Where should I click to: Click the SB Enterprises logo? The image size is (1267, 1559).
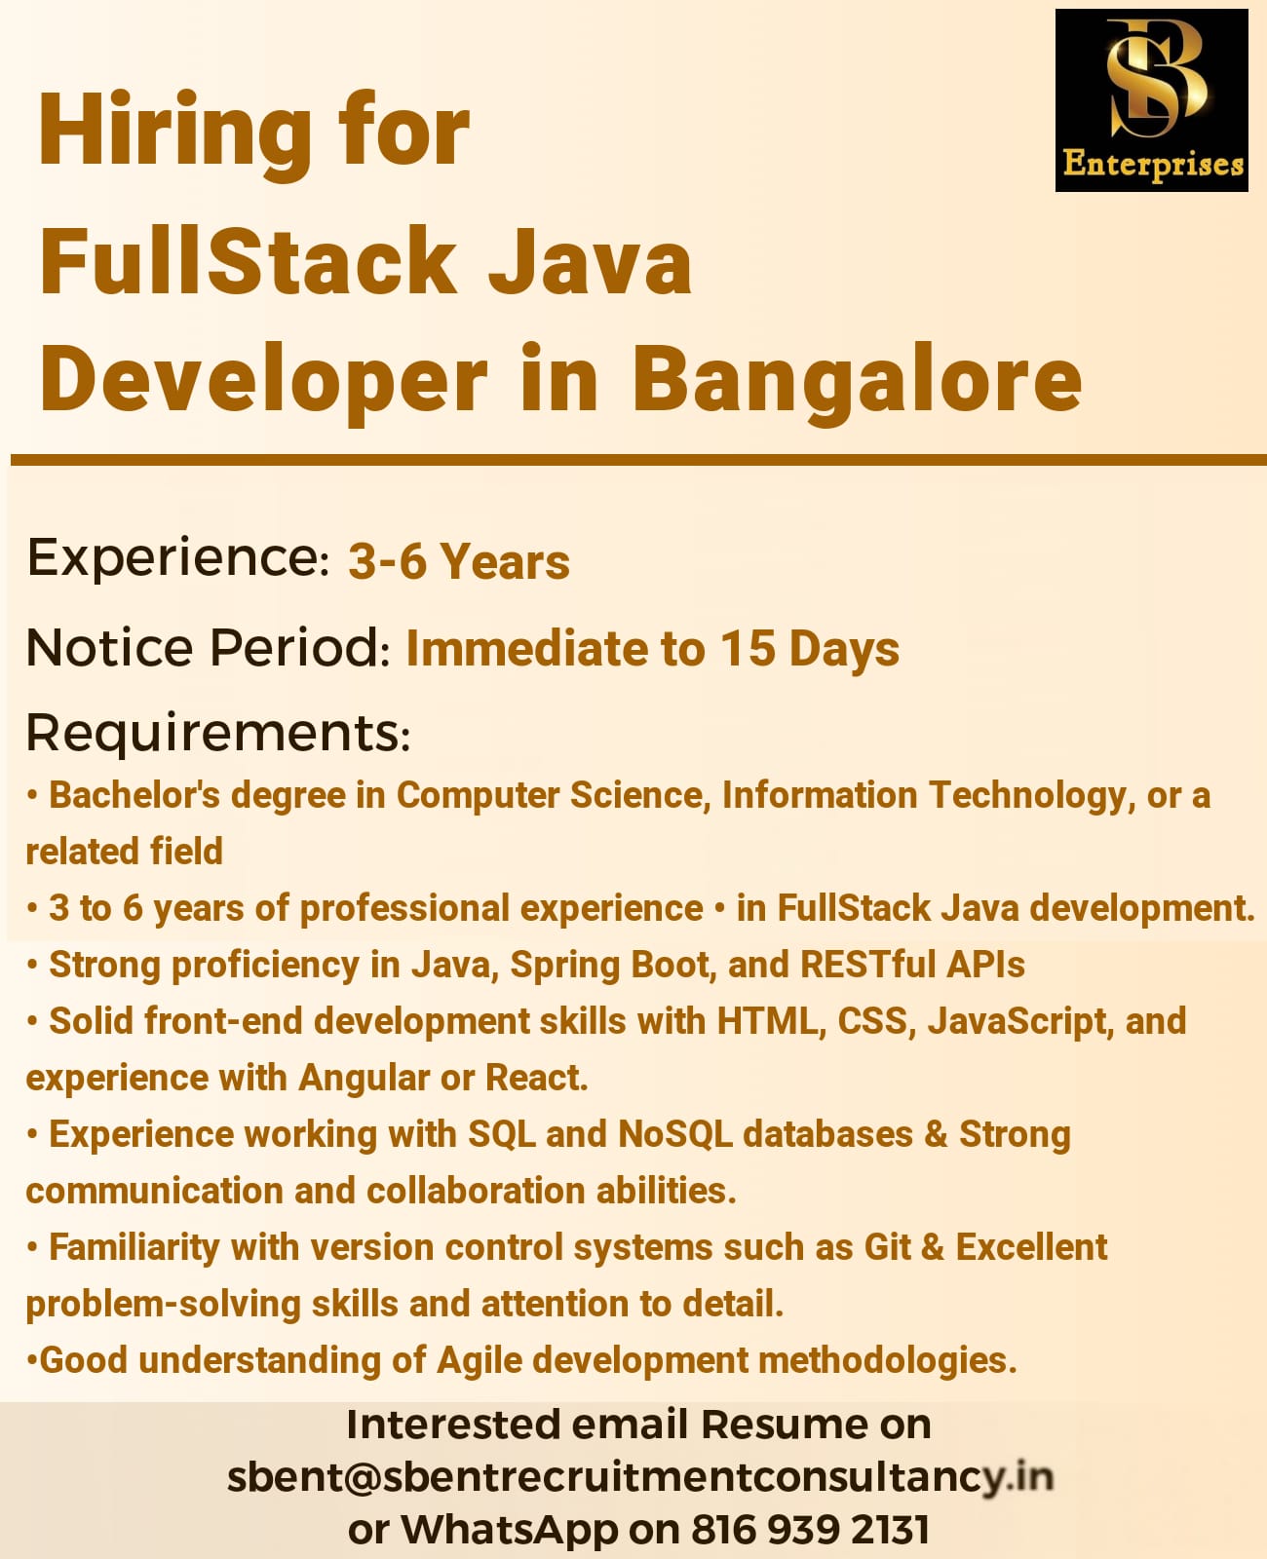point(1151,100)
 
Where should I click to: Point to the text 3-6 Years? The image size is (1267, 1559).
point(459,562)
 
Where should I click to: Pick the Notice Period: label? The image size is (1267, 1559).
point(209,648)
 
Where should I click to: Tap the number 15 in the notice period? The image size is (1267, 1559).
point(748,648)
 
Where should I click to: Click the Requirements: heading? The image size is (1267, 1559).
point(218,733)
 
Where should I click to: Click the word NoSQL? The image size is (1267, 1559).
point(674,1134)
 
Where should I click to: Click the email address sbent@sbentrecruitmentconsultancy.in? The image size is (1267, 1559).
point(639,1477)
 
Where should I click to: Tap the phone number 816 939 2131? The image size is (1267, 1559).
point(810,1530)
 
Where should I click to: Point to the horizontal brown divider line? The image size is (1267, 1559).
point(638,460)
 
